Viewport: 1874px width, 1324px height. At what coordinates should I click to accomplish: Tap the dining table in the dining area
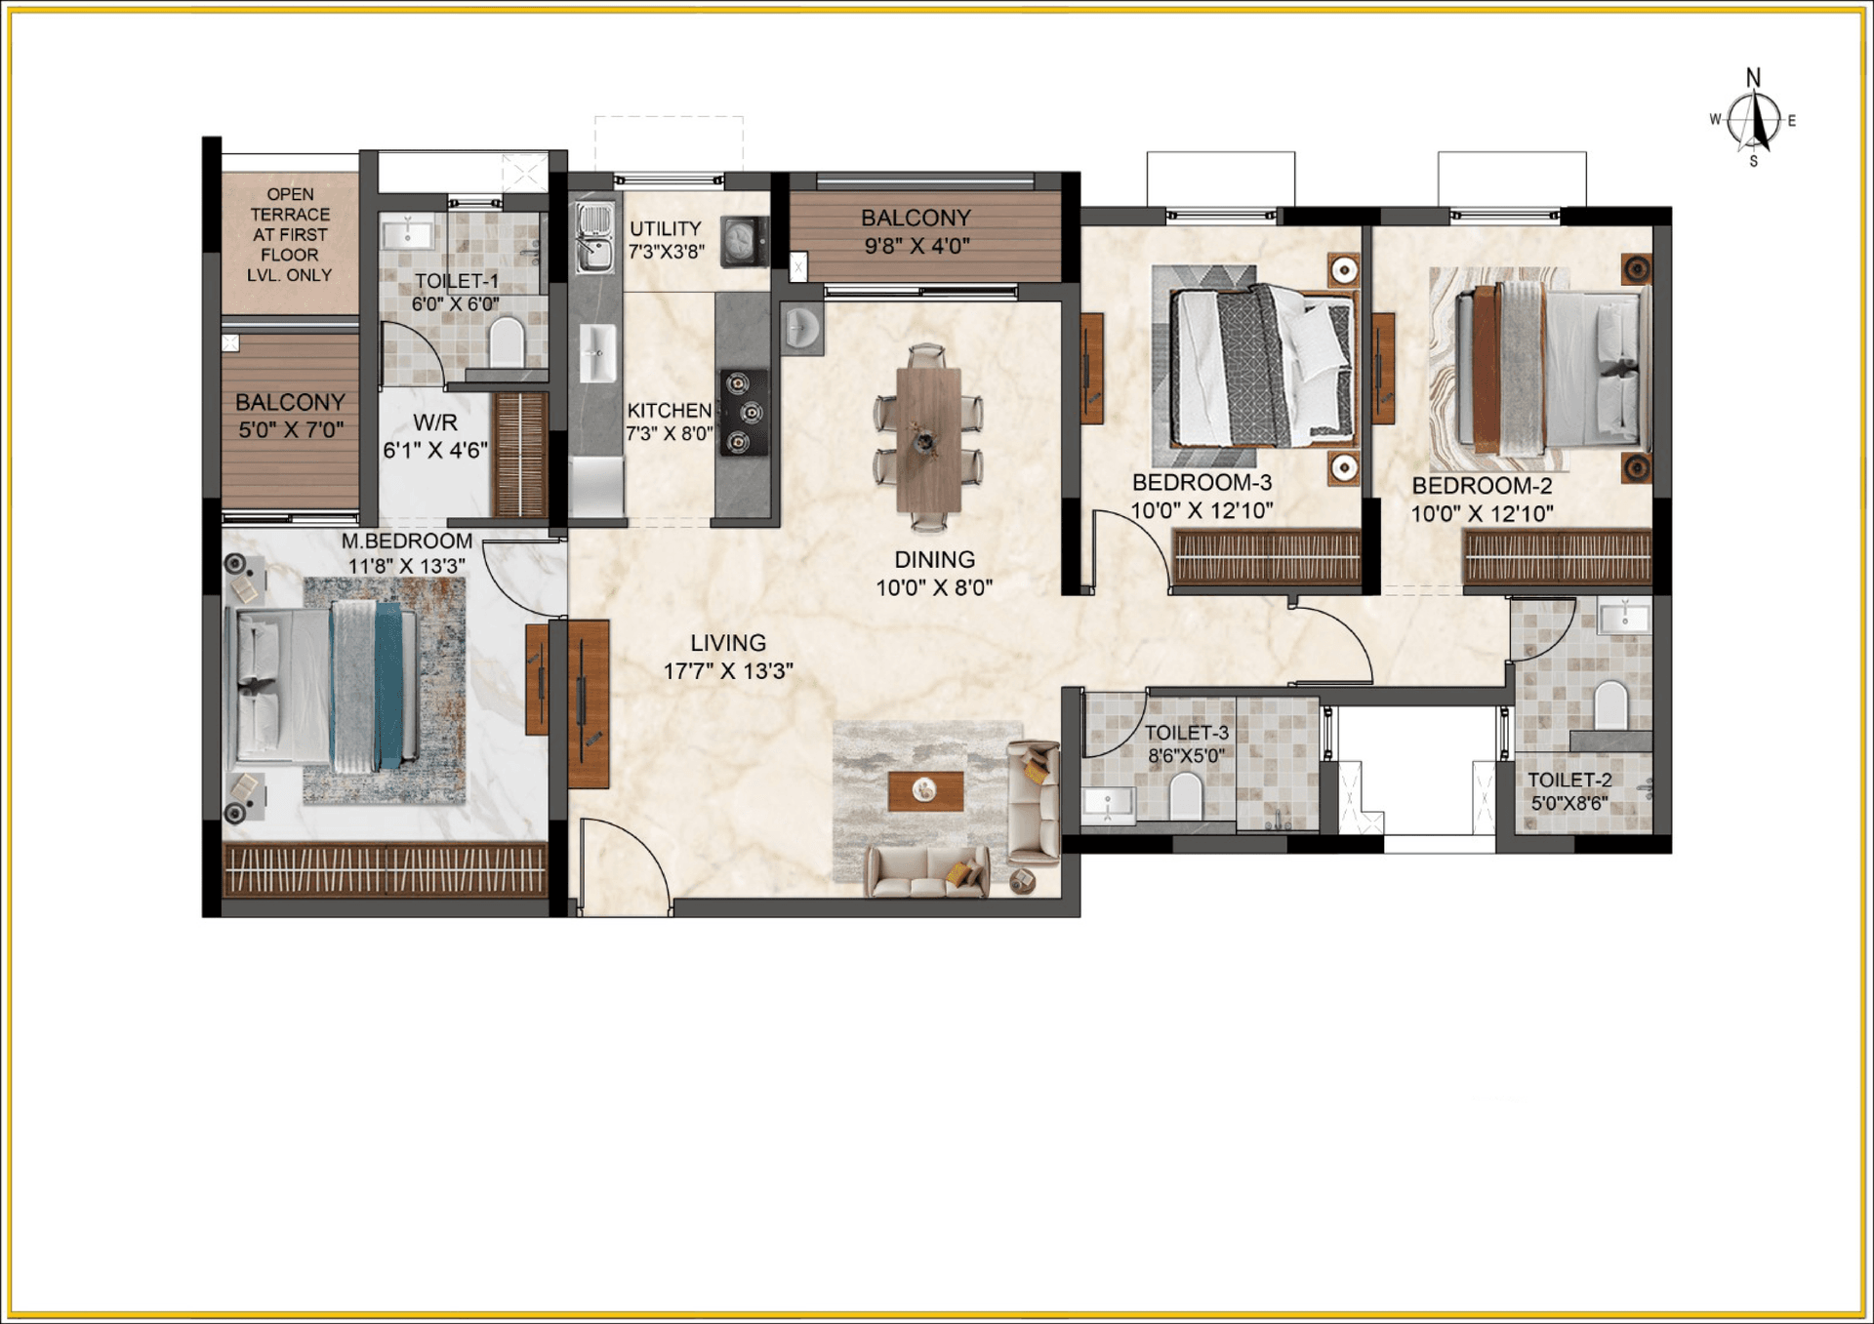pyautogui.click(x=928, y=439)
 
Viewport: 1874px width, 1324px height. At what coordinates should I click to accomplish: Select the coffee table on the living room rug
pyautogui.click(x=925, y=790)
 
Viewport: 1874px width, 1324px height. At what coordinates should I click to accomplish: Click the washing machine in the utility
pyautogui.click(x=744, y=241)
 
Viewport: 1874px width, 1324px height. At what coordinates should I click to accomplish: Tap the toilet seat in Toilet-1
pyautogui.click(x=506, y=342)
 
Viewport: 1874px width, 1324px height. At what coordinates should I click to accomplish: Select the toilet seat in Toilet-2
pyautogui.click(x=1610, y=704)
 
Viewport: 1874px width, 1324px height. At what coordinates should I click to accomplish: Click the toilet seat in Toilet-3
pyautogui.click(x=1186, y=796)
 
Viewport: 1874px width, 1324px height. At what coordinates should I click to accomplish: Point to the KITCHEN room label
pyautogui.click(x=670, y=411)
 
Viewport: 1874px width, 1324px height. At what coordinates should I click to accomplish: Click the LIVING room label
pyautogui.click(x=728, y=643)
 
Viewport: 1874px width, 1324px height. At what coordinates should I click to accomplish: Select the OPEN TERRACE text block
pyautogui.click(x=290, y=234)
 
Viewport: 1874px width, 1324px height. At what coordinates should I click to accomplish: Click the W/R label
pyautogui.click(x=434, y=422)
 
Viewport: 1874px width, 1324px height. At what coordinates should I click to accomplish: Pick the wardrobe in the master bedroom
pyautogui.click(x=385, y=869)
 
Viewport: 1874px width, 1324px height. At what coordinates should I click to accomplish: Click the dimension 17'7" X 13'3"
pyautogui.click(x=728, y=671)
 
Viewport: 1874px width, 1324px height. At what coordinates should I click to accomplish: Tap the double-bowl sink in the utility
pyautogui.click(x=593, y=237)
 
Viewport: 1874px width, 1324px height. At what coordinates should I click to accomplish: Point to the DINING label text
pyautogui.click(x=935, y=560)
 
